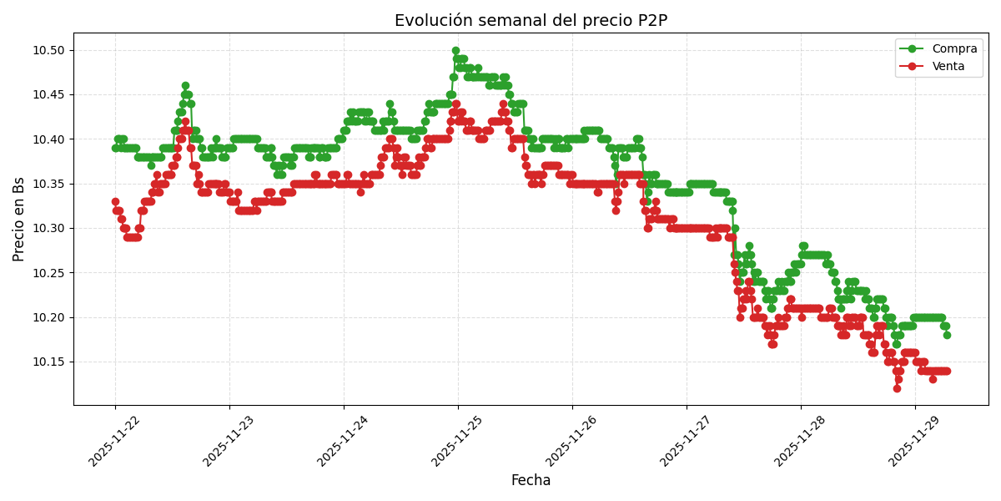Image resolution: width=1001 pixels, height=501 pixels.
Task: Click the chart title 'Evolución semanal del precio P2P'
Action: pyautogui.click(x=531, y=21)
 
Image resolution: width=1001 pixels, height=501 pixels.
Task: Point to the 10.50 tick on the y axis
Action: pyautogui.click(x=48, y=50)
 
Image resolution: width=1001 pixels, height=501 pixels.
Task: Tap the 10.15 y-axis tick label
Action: pyautogui.click(x=48, y=362)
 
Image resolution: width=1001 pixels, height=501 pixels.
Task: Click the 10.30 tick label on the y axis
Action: pyautogui.click(x=48, y=228)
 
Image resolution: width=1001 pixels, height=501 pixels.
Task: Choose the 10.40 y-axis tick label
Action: pyautogui.click(x=48, y=139)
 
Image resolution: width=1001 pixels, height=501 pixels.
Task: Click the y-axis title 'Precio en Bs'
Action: pyautogui.click(x=19, y=220)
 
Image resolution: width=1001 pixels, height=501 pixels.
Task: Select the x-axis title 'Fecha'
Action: pyautogui.click(x=531, y=481)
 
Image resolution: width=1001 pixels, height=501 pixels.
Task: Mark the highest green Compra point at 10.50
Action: pyautogui.click(x=455, y=50)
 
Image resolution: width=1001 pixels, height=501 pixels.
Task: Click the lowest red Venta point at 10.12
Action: pyautogui.click(x=897, y=388)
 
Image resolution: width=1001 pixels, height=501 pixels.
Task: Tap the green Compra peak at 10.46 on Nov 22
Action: pyautogui.click(x=185, y=86)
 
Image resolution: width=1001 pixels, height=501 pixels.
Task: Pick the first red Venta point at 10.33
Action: pyautogui.click(x=115, y=201)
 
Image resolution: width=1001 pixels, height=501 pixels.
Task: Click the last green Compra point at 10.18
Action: pyautogui.click(x=947, y=335)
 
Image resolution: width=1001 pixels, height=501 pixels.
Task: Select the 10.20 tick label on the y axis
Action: pyautogui.click(x=48, y=317)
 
